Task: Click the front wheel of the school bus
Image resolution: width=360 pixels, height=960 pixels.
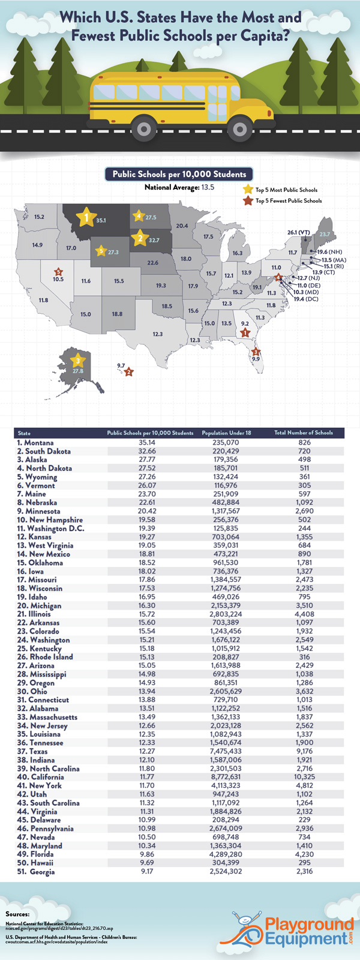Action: [240, 128]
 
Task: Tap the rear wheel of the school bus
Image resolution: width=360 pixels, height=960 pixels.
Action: [144, 128]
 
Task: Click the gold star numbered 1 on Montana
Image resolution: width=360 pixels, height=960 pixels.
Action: [87, 217]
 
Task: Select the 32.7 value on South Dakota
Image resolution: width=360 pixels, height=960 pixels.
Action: [154, 241]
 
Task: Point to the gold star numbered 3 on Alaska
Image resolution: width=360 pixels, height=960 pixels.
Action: [77, 361]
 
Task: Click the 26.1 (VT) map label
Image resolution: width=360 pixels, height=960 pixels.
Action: [298, 232]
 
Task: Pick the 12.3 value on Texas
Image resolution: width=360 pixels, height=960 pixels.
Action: [158, 334]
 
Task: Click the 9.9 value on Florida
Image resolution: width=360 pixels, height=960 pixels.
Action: [256, 359]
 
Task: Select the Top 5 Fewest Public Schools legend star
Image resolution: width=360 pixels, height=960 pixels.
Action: [247, 201]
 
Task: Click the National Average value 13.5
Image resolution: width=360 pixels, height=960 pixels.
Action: [208, 188]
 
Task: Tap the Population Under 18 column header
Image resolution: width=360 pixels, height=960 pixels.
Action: [226, 433]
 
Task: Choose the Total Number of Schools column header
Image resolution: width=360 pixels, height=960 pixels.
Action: [304, 433]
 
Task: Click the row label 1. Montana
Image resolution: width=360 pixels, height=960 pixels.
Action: [35, 443]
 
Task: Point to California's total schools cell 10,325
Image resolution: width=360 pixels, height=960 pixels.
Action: [304, 777]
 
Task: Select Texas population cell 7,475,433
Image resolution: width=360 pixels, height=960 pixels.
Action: [226, 751]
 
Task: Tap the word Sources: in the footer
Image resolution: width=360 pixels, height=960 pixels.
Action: [17, 914]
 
